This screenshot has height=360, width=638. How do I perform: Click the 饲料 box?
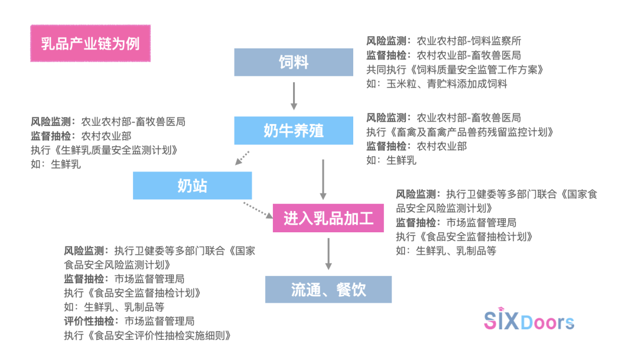[x=294, y=62]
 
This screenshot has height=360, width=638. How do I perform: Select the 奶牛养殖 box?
[x=294, y=131]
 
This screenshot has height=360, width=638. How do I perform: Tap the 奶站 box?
[x=193, y=186]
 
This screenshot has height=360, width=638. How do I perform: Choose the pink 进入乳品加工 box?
[x=328, y=218]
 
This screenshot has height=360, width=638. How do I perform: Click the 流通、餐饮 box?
[x=328, y=290]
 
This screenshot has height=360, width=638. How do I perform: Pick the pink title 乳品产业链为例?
[x=90, y=44]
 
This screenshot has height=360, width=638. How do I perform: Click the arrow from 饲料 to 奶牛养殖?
[x=294, y=96]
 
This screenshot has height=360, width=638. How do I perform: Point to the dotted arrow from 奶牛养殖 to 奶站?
[x=242, y=158]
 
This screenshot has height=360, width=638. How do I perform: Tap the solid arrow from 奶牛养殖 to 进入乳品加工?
[x=323, y=179]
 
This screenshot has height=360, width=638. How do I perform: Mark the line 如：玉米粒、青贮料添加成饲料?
[x=437, y=84]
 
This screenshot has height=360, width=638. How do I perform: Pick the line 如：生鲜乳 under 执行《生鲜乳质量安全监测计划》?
[x=56, y=164]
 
